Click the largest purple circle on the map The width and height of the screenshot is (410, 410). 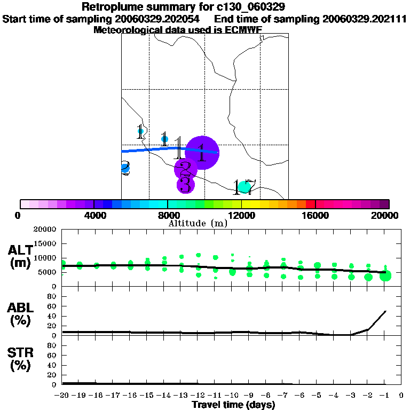(x=202, y=153)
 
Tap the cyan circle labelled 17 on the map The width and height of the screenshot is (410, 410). (x=245, y=187)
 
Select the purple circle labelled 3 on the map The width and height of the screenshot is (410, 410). (x=185, y=185)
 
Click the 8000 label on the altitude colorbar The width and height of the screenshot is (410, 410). (x=168, y=215)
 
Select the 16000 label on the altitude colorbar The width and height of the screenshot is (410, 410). (x=316, y=215)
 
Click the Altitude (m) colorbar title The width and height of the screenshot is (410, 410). (x=198, y=223)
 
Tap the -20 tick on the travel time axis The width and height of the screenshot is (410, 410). (x=62, y=395)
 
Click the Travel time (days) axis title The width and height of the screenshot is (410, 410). (x=233, y=405)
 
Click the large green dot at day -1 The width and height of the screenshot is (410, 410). (x=385, y=275)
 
